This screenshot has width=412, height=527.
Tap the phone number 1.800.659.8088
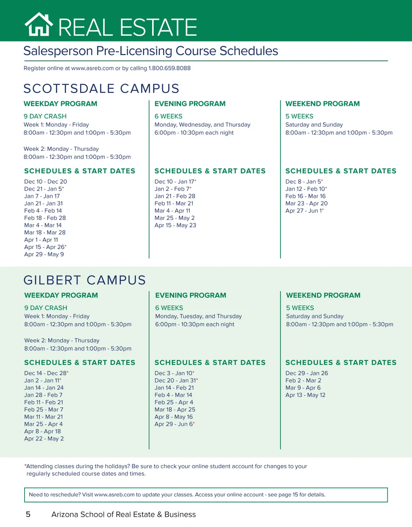tap(169, 68)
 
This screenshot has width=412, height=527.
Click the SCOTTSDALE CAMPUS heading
tap(101, 89)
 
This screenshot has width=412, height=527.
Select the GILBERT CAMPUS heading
tap(84, 280)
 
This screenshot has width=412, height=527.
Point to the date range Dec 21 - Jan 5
tap(43, 189)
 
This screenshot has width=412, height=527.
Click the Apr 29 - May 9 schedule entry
tap(44, 254)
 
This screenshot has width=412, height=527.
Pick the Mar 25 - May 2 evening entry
tap(174, 218)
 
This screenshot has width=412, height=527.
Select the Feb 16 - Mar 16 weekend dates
tap(305, 196)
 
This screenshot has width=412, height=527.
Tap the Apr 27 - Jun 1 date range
tap(304, 211)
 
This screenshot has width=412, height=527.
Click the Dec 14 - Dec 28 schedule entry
tap(45, 373)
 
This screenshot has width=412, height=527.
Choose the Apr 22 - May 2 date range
tap(44, 438)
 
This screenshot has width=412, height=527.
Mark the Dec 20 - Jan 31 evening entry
tap(175, 381)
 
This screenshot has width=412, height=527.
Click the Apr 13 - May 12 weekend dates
tap(305, 395)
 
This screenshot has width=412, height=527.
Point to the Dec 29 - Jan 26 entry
tap(307, 373)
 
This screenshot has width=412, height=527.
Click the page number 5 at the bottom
tap(28, 515)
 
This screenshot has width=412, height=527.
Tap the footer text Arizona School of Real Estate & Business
tap(124, 515)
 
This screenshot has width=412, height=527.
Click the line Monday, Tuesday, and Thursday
tap(198, 316)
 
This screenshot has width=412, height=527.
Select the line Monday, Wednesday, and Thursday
tap(202, 125)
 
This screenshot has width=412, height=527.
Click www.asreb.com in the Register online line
tap(93, 68)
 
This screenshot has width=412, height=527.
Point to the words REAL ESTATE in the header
tap(128, 27)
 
